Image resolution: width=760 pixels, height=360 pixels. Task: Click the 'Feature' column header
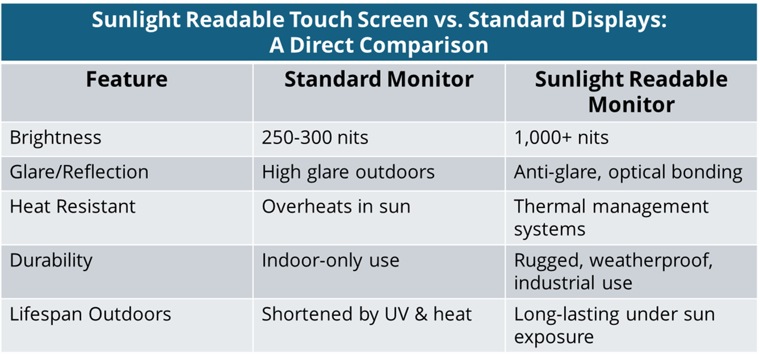click(126, 79)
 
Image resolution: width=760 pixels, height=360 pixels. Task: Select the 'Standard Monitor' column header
click(379, 79)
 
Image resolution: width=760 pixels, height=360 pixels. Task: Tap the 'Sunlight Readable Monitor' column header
click(631, 92)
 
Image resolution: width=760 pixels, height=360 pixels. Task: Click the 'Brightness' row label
click(55, 138)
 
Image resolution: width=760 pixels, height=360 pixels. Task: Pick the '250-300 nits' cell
click(315, 138)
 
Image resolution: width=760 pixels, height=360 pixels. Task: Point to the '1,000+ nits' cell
click(561, 138)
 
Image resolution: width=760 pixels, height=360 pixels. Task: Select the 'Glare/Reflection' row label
click(79, 172)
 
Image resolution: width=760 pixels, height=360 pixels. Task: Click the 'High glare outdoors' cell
click(348, 172)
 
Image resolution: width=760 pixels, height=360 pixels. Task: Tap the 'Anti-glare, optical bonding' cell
click(628, 172)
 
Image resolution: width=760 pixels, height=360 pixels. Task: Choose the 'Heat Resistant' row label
click(72, 206)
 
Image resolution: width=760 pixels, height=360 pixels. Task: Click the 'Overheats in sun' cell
click(336, 206)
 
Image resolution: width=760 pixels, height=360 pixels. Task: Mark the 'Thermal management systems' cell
click(612, 218)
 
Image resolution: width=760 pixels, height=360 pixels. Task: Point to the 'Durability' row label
click(51, 261)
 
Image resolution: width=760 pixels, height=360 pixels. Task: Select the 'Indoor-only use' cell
click(330, 261)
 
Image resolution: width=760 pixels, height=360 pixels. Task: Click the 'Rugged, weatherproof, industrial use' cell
click(613, 272)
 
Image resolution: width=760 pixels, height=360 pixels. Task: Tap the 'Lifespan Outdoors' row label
click(90, 314)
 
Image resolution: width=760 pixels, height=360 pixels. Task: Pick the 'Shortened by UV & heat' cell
click(366, 314)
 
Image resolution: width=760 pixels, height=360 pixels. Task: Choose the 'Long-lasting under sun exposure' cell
click(614, 325)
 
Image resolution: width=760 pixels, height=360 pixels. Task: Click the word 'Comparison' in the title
click(423, 45)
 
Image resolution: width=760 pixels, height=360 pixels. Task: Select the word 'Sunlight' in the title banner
click(136, 20)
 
